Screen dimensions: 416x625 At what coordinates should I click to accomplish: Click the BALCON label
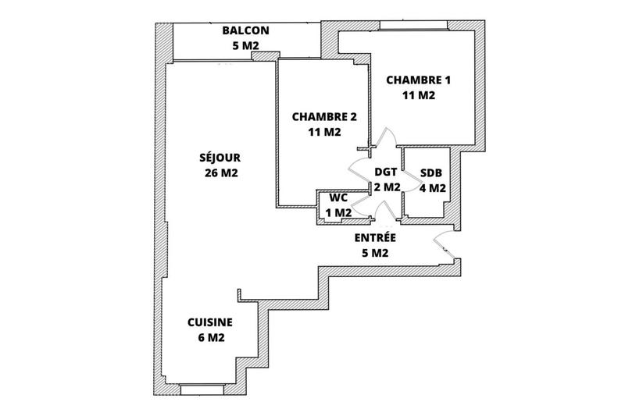click(x=245, y=31)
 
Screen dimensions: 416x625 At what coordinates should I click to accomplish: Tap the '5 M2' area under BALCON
click(x=245, y=46)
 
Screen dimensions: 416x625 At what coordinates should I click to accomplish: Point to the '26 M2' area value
click(x=219, y=172)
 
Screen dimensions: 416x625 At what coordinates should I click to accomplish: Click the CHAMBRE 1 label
click(x=418, y=80)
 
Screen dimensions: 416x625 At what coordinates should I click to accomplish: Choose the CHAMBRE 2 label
click(x=323, y=117)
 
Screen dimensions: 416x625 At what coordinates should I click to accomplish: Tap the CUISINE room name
click(x=209, y=322)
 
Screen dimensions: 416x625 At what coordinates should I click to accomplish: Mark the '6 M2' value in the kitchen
click(x=209, y=337)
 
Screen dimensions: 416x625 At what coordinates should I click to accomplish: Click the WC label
click(x=337, y=197)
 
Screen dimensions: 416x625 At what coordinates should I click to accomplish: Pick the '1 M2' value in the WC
click(x=337, y=212)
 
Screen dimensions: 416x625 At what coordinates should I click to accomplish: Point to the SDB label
click(x=432, y=172)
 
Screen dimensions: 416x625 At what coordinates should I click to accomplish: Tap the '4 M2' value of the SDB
click(x=432, y=188)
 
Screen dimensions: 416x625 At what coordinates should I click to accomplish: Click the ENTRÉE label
click(x=375, y=238)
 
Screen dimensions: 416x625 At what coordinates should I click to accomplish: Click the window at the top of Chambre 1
click(x=413, y=27)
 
